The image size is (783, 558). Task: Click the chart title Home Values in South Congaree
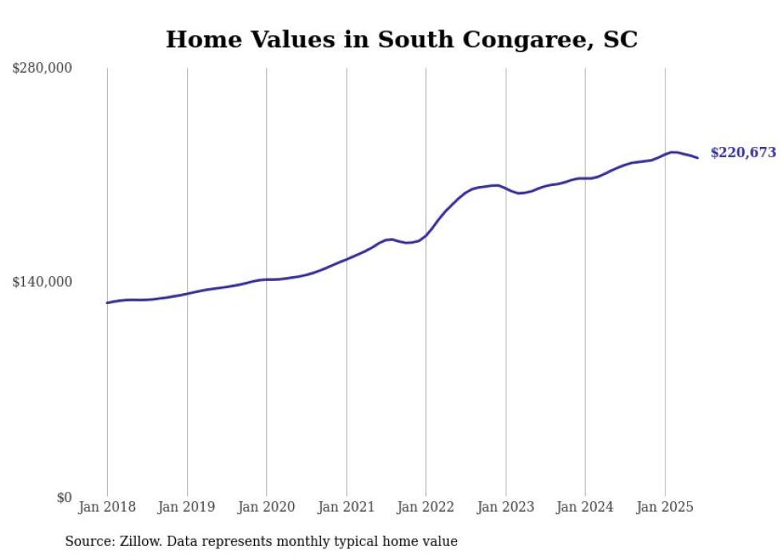point(401,39)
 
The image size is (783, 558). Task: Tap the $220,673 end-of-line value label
point(742,152)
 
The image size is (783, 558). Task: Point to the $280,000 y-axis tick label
point(42,68)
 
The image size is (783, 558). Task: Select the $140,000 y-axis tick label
point(42,282)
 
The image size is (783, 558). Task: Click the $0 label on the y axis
point(64,497)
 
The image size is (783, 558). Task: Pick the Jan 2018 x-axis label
point(107,507)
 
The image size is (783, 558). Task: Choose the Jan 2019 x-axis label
point(187,507)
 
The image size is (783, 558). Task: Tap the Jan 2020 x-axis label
point(266,507)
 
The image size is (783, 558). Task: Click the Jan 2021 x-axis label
point(346,507)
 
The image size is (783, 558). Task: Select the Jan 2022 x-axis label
point(426,507)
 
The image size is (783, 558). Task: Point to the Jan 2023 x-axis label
point(506,507)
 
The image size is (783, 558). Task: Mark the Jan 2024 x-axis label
point(585,507)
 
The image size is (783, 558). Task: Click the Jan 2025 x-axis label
point(665,507)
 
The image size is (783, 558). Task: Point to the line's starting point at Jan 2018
point(107,303)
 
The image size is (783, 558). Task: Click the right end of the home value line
point(698,157)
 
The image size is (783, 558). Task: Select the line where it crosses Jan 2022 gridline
point(426,236)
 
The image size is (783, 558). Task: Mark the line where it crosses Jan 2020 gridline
point(266,279)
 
